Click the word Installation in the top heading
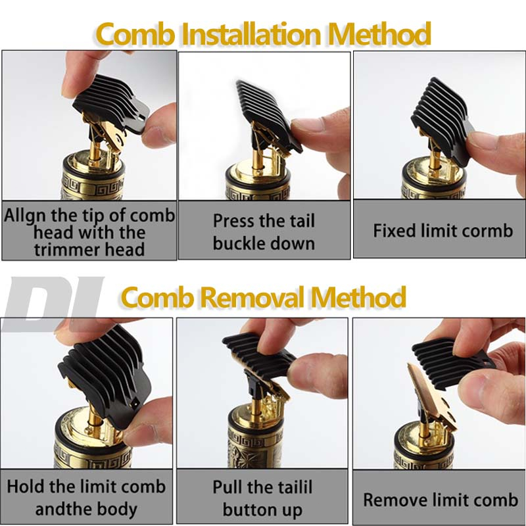pos(252,34)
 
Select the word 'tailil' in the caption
pos(289,487)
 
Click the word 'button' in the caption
pos(249,510)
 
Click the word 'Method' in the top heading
pos(379,34)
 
